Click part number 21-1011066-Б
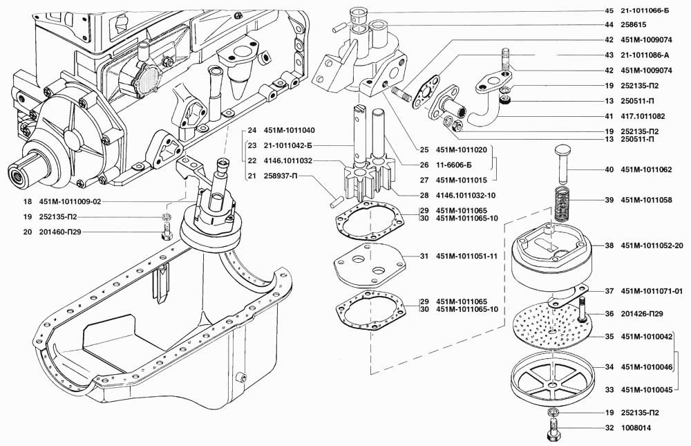tap(647, 10)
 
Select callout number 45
tap(609, 10)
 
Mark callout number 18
tap(27, 202)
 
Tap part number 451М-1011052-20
tap(652, 245)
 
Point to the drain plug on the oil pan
tap(241, 378)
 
